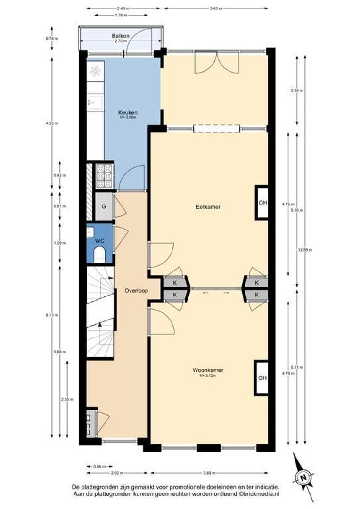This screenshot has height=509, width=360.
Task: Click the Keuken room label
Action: (128, 113)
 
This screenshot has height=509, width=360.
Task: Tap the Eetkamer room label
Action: (209, 206)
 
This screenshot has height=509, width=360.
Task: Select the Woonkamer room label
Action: (208, 370)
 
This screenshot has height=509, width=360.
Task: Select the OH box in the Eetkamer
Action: (262, 203)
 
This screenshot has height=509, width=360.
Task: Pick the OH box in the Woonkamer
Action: (262, 378)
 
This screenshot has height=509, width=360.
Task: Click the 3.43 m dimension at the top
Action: (216, 8)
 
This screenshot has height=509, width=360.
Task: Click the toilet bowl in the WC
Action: (99, 256)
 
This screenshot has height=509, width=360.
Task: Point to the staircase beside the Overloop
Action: (100, 311)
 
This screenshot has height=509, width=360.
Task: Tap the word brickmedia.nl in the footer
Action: (262, 494)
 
